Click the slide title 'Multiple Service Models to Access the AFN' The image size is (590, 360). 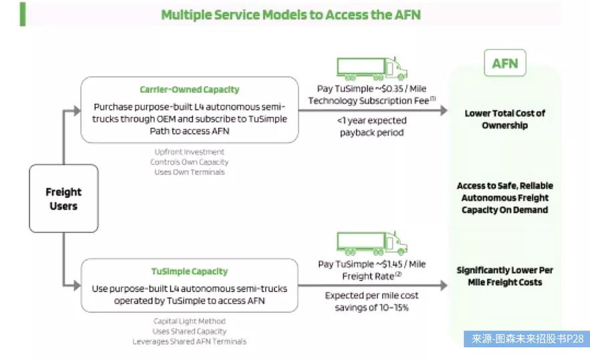290,14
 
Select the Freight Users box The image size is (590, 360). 63,199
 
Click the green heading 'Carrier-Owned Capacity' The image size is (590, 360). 190,89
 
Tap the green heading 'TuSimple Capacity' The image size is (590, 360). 190,272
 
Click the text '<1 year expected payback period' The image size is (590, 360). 370,126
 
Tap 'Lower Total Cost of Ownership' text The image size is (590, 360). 505,119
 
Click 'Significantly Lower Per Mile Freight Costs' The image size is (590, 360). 505,276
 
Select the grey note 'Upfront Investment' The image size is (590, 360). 190,152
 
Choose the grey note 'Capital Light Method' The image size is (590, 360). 190,321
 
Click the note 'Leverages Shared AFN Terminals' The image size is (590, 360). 190,341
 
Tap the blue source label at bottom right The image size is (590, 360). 527,339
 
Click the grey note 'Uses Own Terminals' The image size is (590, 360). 190,172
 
